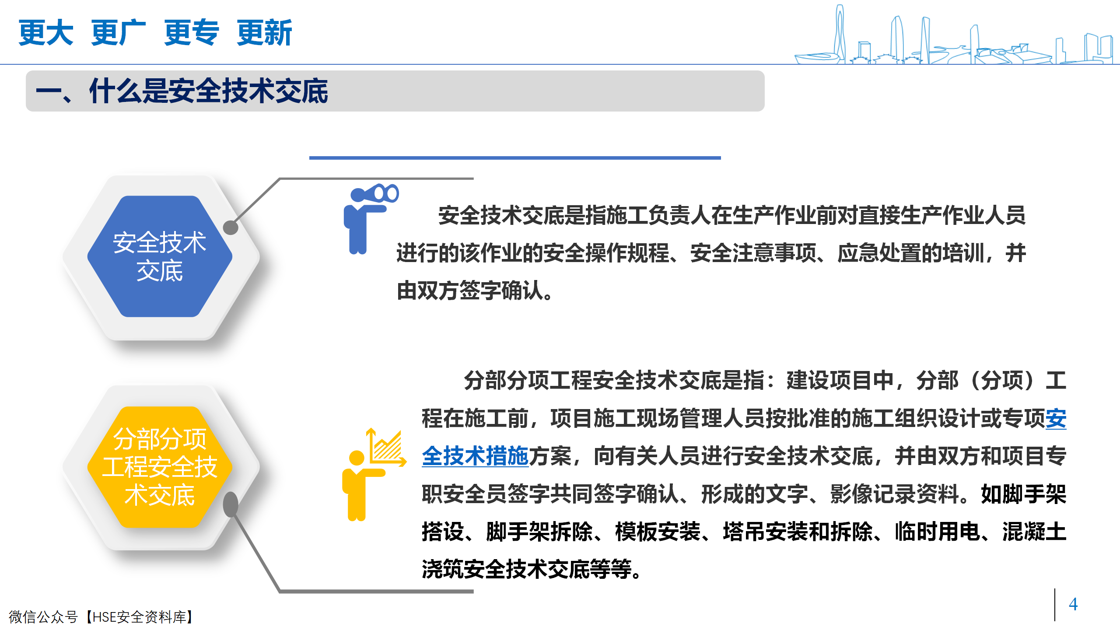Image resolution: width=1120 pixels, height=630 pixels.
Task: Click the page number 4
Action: [1073, 604]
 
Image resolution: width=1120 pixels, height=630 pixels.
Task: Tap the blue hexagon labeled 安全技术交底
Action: [160, 256]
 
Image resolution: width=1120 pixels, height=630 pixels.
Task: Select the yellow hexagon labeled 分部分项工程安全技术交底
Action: [160, 467]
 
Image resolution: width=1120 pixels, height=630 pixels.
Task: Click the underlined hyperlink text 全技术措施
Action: [475, 456]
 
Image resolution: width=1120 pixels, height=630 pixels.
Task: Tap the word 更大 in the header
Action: [46, 32]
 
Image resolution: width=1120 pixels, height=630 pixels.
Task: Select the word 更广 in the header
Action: [119, 32]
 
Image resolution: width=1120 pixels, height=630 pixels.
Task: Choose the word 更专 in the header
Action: [191, 32]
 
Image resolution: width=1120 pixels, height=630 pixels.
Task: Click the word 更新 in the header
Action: [264, 32]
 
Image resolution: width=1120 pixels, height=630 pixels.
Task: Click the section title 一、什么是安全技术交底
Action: [182, 91]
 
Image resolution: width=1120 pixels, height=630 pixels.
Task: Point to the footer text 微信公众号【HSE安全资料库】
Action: [101, 617]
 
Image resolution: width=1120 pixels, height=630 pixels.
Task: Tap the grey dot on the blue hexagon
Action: [231, 227]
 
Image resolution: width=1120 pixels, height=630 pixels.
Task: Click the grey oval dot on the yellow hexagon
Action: [231, 504]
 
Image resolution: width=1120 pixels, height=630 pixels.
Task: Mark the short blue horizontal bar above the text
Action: [515, 157]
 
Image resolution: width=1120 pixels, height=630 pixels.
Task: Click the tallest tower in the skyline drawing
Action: [840, 33]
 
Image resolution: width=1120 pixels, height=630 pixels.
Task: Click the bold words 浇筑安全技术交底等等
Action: [527, 569]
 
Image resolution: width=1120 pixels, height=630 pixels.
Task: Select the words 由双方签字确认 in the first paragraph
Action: [470, 290]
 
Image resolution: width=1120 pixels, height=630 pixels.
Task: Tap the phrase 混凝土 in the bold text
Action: [1034, 532]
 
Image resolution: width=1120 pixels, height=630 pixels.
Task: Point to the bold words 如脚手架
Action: [1024, 494]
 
